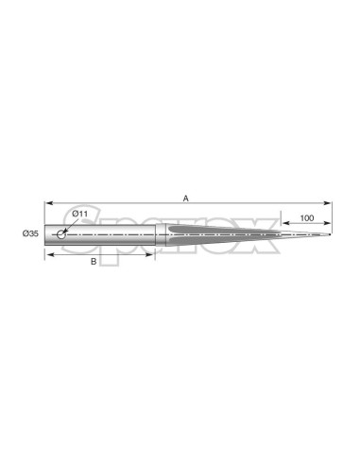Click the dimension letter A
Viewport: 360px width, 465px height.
click(186, 198)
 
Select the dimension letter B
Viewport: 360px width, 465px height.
click(94, 262)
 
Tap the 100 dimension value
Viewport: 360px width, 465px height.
click(307, 218)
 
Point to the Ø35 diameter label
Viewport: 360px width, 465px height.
click(30, 233)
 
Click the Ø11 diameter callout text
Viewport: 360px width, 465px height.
click(79, 214)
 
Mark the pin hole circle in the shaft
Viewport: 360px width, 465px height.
click(61, 234)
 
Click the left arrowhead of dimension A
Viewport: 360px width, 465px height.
click(48, 203)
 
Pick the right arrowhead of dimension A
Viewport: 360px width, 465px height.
click(328, 203)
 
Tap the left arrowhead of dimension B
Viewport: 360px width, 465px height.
click(48, 254)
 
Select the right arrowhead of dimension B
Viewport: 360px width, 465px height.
click(151, 254)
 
